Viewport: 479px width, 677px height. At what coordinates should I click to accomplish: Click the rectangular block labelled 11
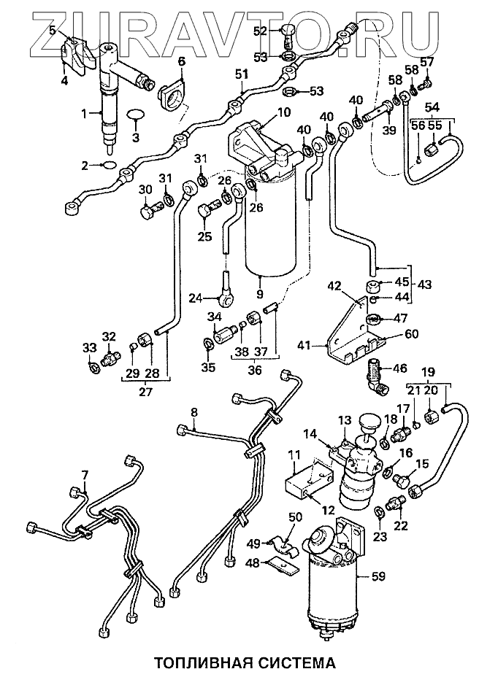click(x=309, y=484)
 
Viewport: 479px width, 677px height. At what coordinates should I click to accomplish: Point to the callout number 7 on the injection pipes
click(x=85, y=476)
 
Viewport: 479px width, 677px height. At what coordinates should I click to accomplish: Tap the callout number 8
click(x=194, y=412)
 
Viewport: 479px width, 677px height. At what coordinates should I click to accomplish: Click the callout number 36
click(x=255, y=370)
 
